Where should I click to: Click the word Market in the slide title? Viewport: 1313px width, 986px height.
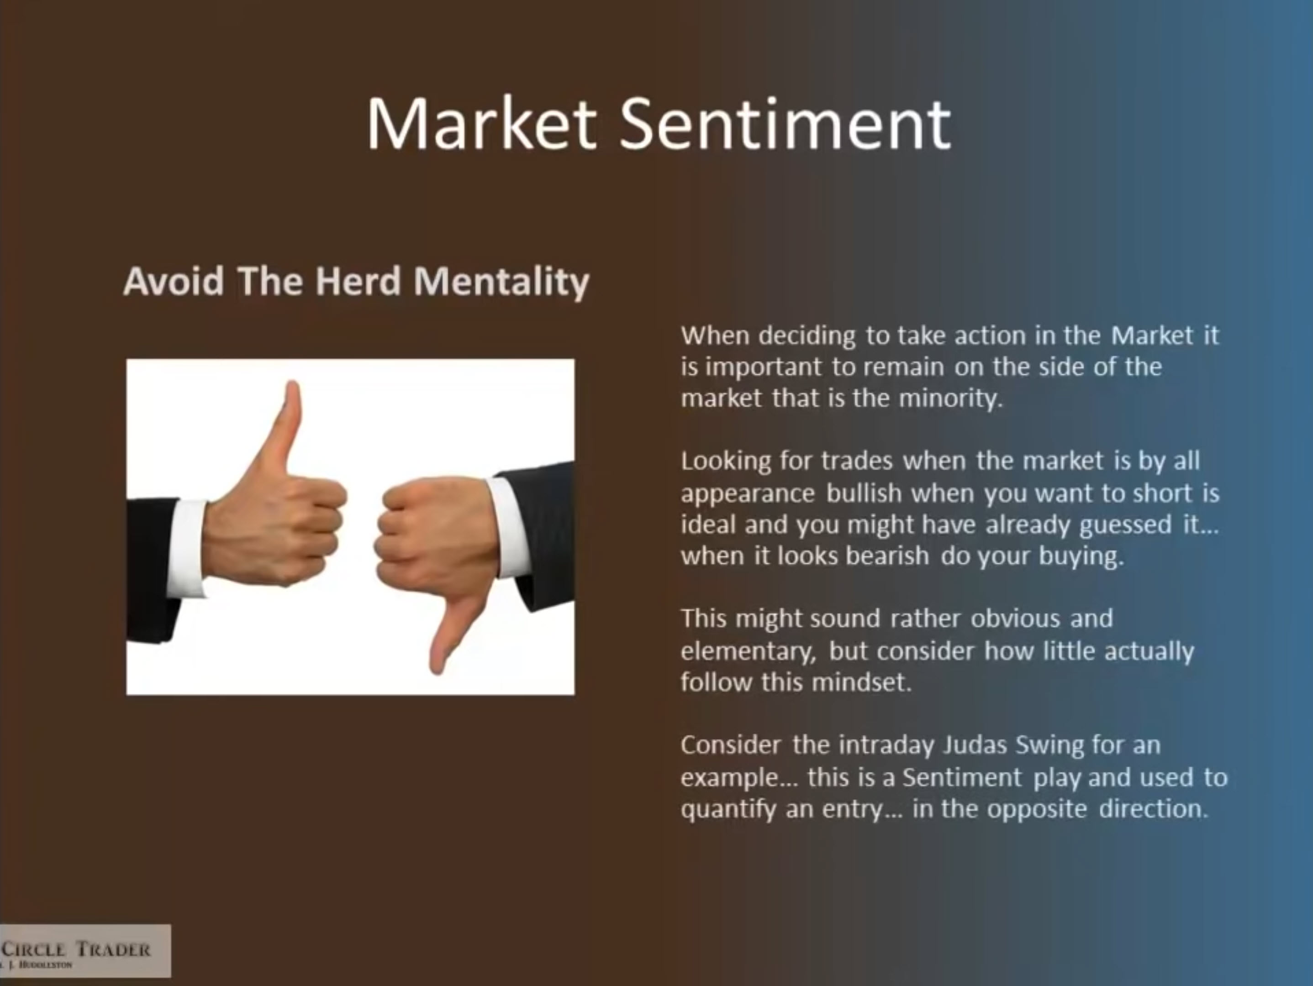click(x=481, y=125)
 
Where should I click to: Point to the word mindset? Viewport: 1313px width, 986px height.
click(x=861, y=682)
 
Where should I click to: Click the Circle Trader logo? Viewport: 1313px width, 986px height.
click(x=85, y=950)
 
